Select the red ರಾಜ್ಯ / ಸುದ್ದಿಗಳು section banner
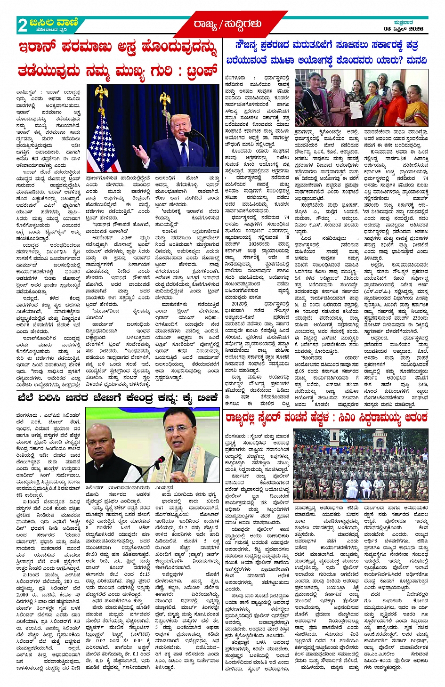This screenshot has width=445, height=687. coord(227,24)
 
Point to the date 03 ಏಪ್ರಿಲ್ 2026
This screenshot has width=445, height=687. coord(403,29)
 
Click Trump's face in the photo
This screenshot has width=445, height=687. coord(183,125)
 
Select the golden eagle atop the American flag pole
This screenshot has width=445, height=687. coord(101,92)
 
